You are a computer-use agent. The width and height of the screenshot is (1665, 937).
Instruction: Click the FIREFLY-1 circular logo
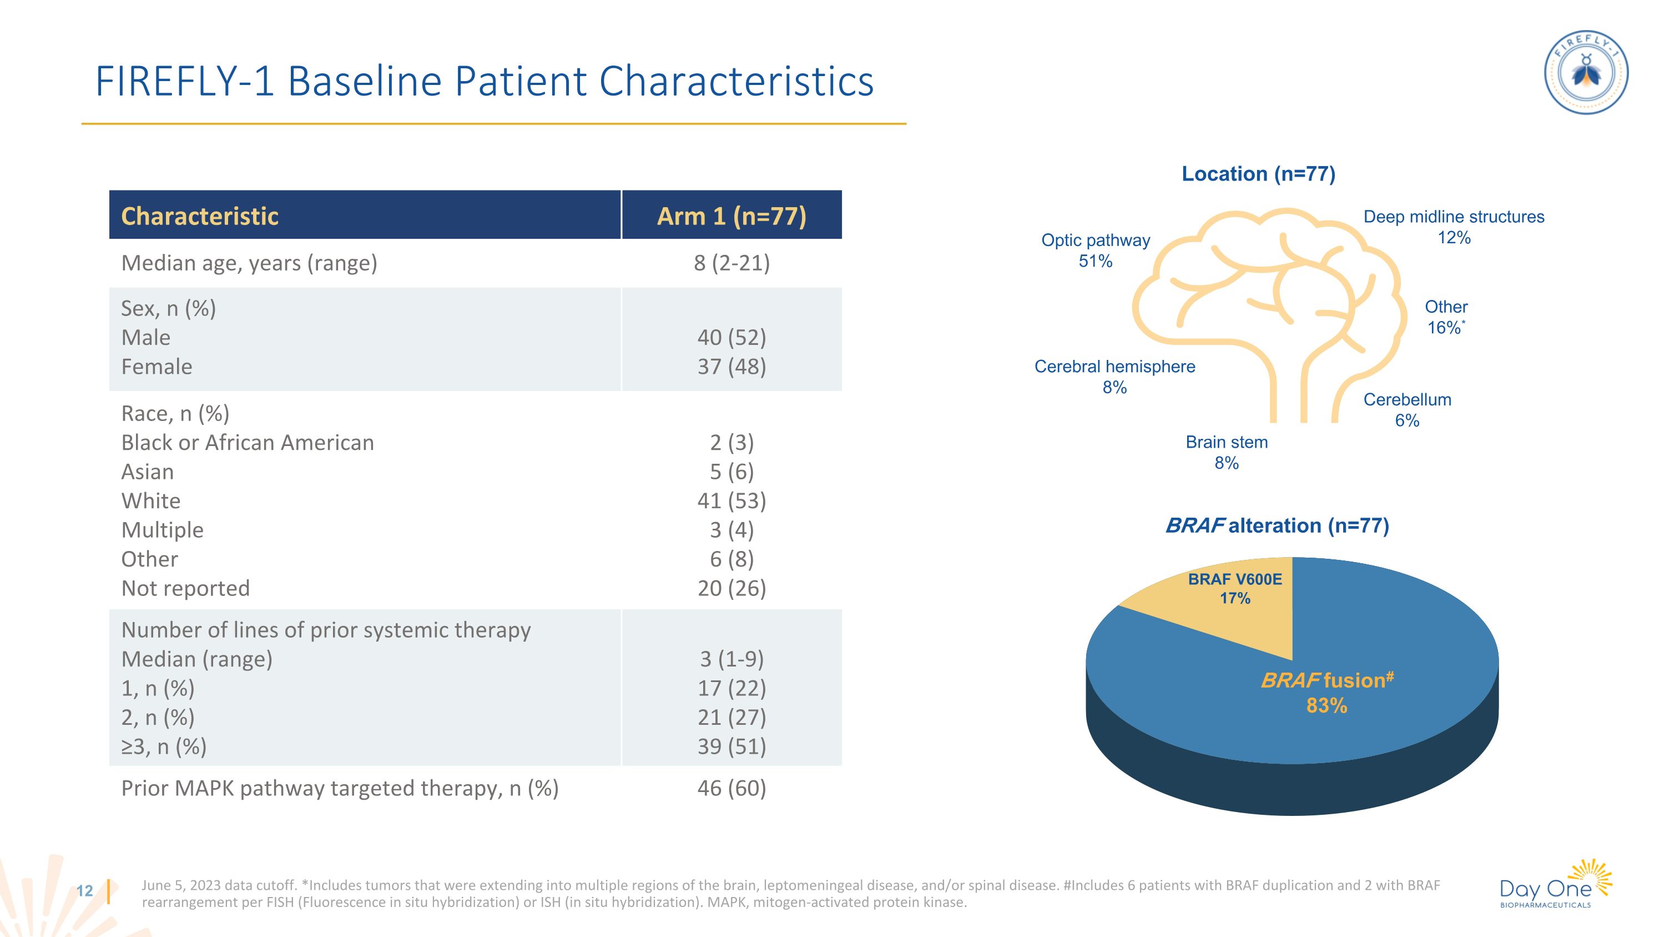[x=1586, y=72]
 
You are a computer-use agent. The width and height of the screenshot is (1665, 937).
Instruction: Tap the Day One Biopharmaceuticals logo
[x=1555, y=885]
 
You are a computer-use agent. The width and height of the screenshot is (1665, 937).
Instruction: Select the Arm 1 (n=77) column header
[x=731, y=216]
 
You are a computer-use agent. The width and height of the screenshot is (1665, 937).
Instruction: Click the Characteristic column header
[x=200, y=216]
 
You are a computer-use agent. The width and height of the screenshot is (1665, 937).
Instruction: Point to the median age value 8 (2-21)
[x=731, y=263]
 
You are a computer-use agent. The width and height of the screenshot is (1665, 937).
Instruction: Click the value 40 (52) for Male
[x=731, y=338]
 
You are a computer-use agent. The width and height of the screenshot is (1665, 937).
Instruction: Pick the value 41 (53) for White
[x=731, y=500]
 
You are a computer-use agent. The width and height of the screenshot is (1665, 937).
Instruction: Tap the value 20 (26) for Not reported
[x=731, y=588]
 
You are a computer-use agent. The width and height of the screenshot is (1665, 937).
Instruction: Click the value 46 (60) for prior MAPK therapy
[x=731, y=788]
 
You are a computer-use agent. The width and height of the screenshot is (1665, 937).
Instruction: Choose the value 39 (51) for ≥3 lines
[x=731, y=746]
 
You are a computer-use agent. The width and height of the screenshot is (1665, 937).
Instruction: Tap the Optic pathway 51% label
[x=1096, y=250]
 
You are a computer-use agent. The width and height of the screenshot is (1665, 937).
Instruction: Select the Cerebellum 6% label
[x=1407, y=410]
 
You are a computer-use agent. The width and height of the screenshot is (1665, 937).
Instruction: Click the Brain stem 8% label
[x=1226, y=453]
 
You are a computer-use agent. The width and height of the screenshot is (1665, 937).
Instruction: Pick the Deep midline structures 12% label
[x=1454, y=227]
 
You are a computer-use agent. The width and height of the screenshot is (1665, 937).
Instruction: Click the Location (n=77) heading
[x=1258, y=174]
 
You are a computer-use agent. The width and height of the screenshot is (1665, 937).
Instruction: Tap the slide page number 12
[x=85, y=891]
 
